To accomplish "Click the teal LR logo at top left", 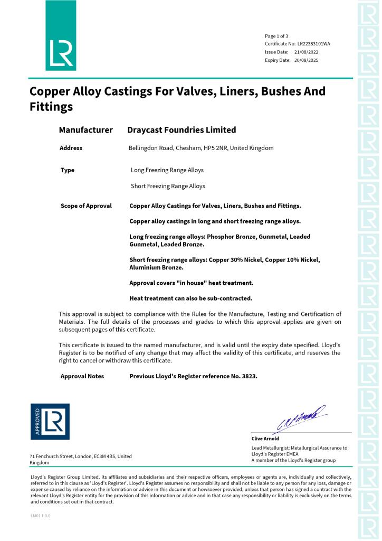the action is (x=61, y=36).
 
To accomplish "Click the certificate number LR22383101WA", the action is (x=314, y=44).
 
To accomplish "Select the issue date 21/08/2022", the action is (x=307, y=52).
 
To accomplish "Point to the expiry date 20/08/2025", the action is (x=307, y=60).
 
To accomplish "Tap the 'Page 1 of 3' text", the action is (x=276, y=36).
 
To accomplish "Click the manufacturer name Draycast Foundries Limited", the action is (x=182, y=130).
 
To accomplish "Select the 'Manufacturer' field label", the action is (x=85, y=130).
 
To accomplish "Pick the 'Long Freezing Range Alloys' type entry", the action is (x=167, y=170).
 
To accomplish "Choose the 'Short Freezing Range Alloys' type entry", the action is (x=168, y=186).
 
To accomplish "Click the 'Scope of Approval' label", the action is (x=86, y=206).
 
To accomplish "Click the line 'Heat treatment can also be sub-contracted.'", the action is (x=190, y=298).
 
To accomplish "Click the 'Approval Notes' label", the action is (x=82, y=376).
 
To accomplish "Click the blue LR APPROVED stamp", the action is (x=50, y=422).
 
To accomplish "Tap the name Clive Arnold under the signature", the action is (x=265, y=439).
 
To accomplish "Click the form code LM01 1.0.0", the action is (x=41, y=515).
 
